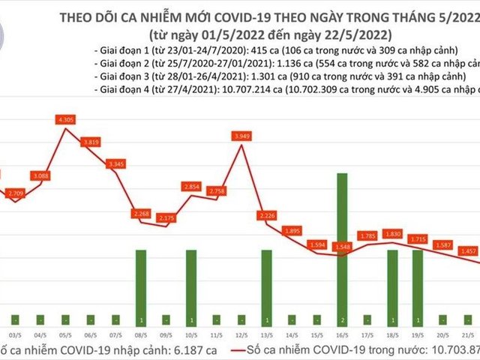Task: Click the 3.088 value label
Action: [x=40, y=175]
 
